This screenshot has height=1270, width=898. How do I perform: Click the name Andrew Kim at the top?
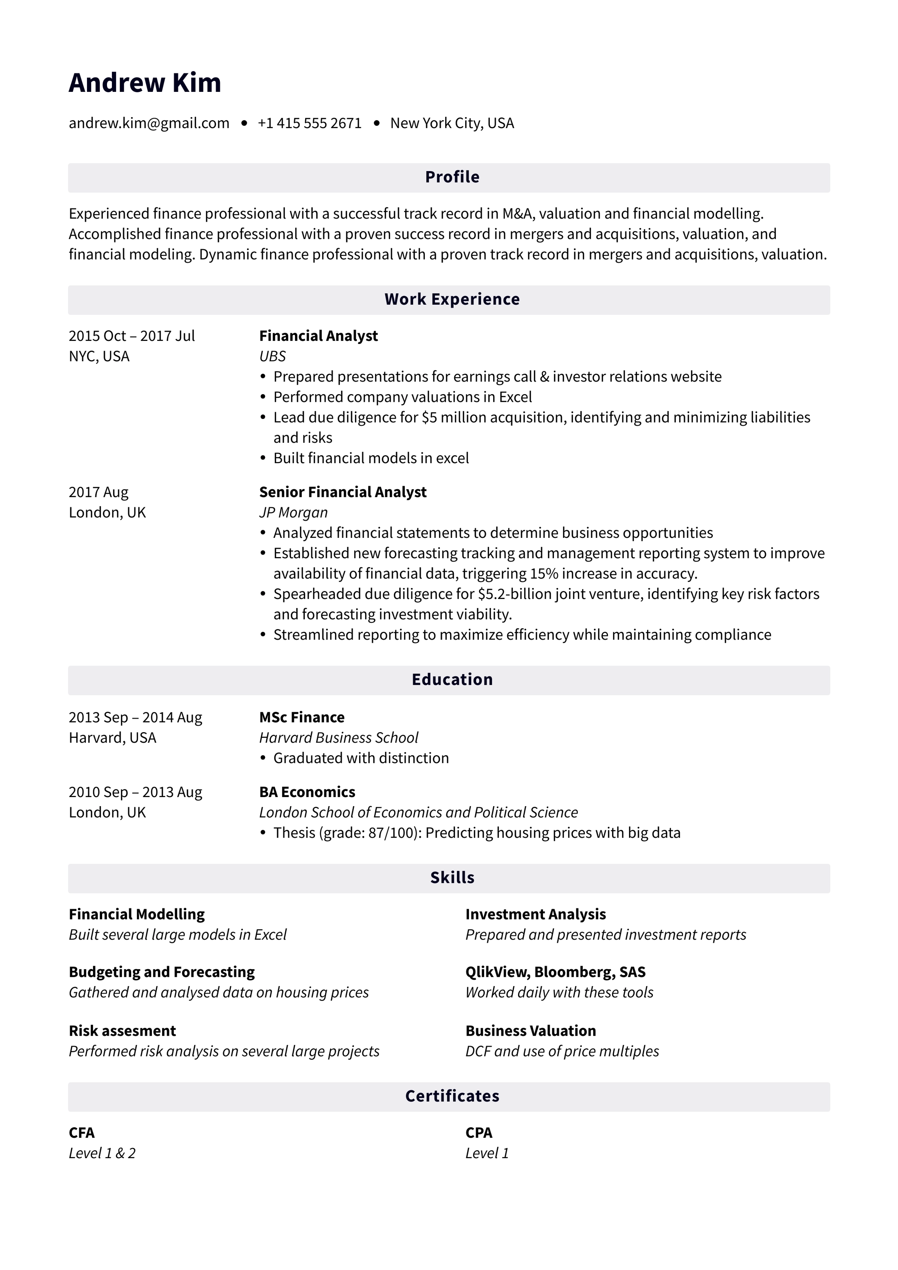click(x=145, y=83)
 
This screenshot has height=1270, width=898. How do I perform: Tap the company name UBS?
click(x=272, y=356)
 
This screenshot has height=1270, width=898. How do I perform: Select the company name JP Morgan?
click(x=293, y=512)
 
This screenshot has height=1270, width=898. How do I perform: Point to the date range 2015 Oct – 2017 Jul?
click(x=132, y=336)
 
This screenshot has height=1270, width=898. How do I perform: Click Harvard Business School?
click(x=339, y=737)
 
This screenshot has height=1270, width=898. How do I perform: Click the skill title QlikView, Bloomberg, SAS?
click(x=555, y=972)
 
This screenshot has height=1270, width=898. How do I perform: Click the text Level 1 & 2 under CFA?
click(x=102, y=1153)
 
